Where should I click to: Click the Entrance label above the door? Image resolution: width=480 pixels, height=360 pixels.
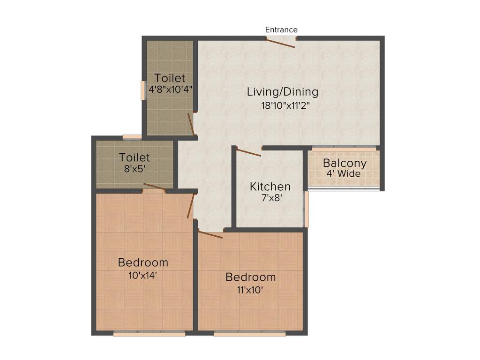(x=281, y=30)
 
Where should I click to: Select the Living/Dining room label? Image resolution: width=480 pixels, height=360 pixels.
(x=283, y=92)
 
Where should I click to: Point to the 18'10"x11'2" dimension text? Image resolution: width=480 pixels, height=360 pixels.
(x=286, y=105)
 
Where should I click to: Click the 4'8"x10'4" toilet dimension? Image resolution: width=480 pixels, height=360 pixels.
(x=171, y=89)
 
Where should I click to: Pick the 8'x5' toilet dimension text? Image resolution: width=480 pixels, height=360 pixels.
(x=135, y=169)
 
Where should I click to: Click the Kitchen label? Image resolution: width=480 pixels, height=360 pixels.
(x=270, y=187)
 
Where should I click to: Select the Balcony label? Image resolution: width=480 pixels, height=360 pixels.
(x=345, y=164)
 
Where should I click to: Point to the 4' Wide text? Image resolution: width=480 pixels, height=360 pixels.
(x=344, y=174)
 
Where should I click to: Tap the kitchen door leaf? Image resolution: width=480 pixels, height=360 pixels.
(x=249, y=152)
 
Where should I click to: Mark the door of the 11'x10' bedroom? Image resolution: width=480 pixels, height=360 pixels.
(x=210, y=234)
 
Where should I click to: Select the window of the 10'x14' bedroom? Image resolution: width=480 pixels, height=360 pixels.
(x=149, y=334)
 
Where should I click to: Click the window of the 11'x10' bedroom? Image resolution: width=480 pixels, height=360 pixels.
(x=249, y=334)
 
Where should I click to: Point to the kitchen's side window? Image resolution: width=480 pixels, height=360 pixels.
(x=307, y=209)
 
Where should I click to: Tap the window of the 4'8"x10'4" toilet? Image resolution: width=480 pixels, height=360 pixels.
(x=143, y=90)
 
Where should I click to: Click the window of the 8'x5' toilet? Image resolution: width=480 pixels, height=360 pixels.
(x=132, y=137)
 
